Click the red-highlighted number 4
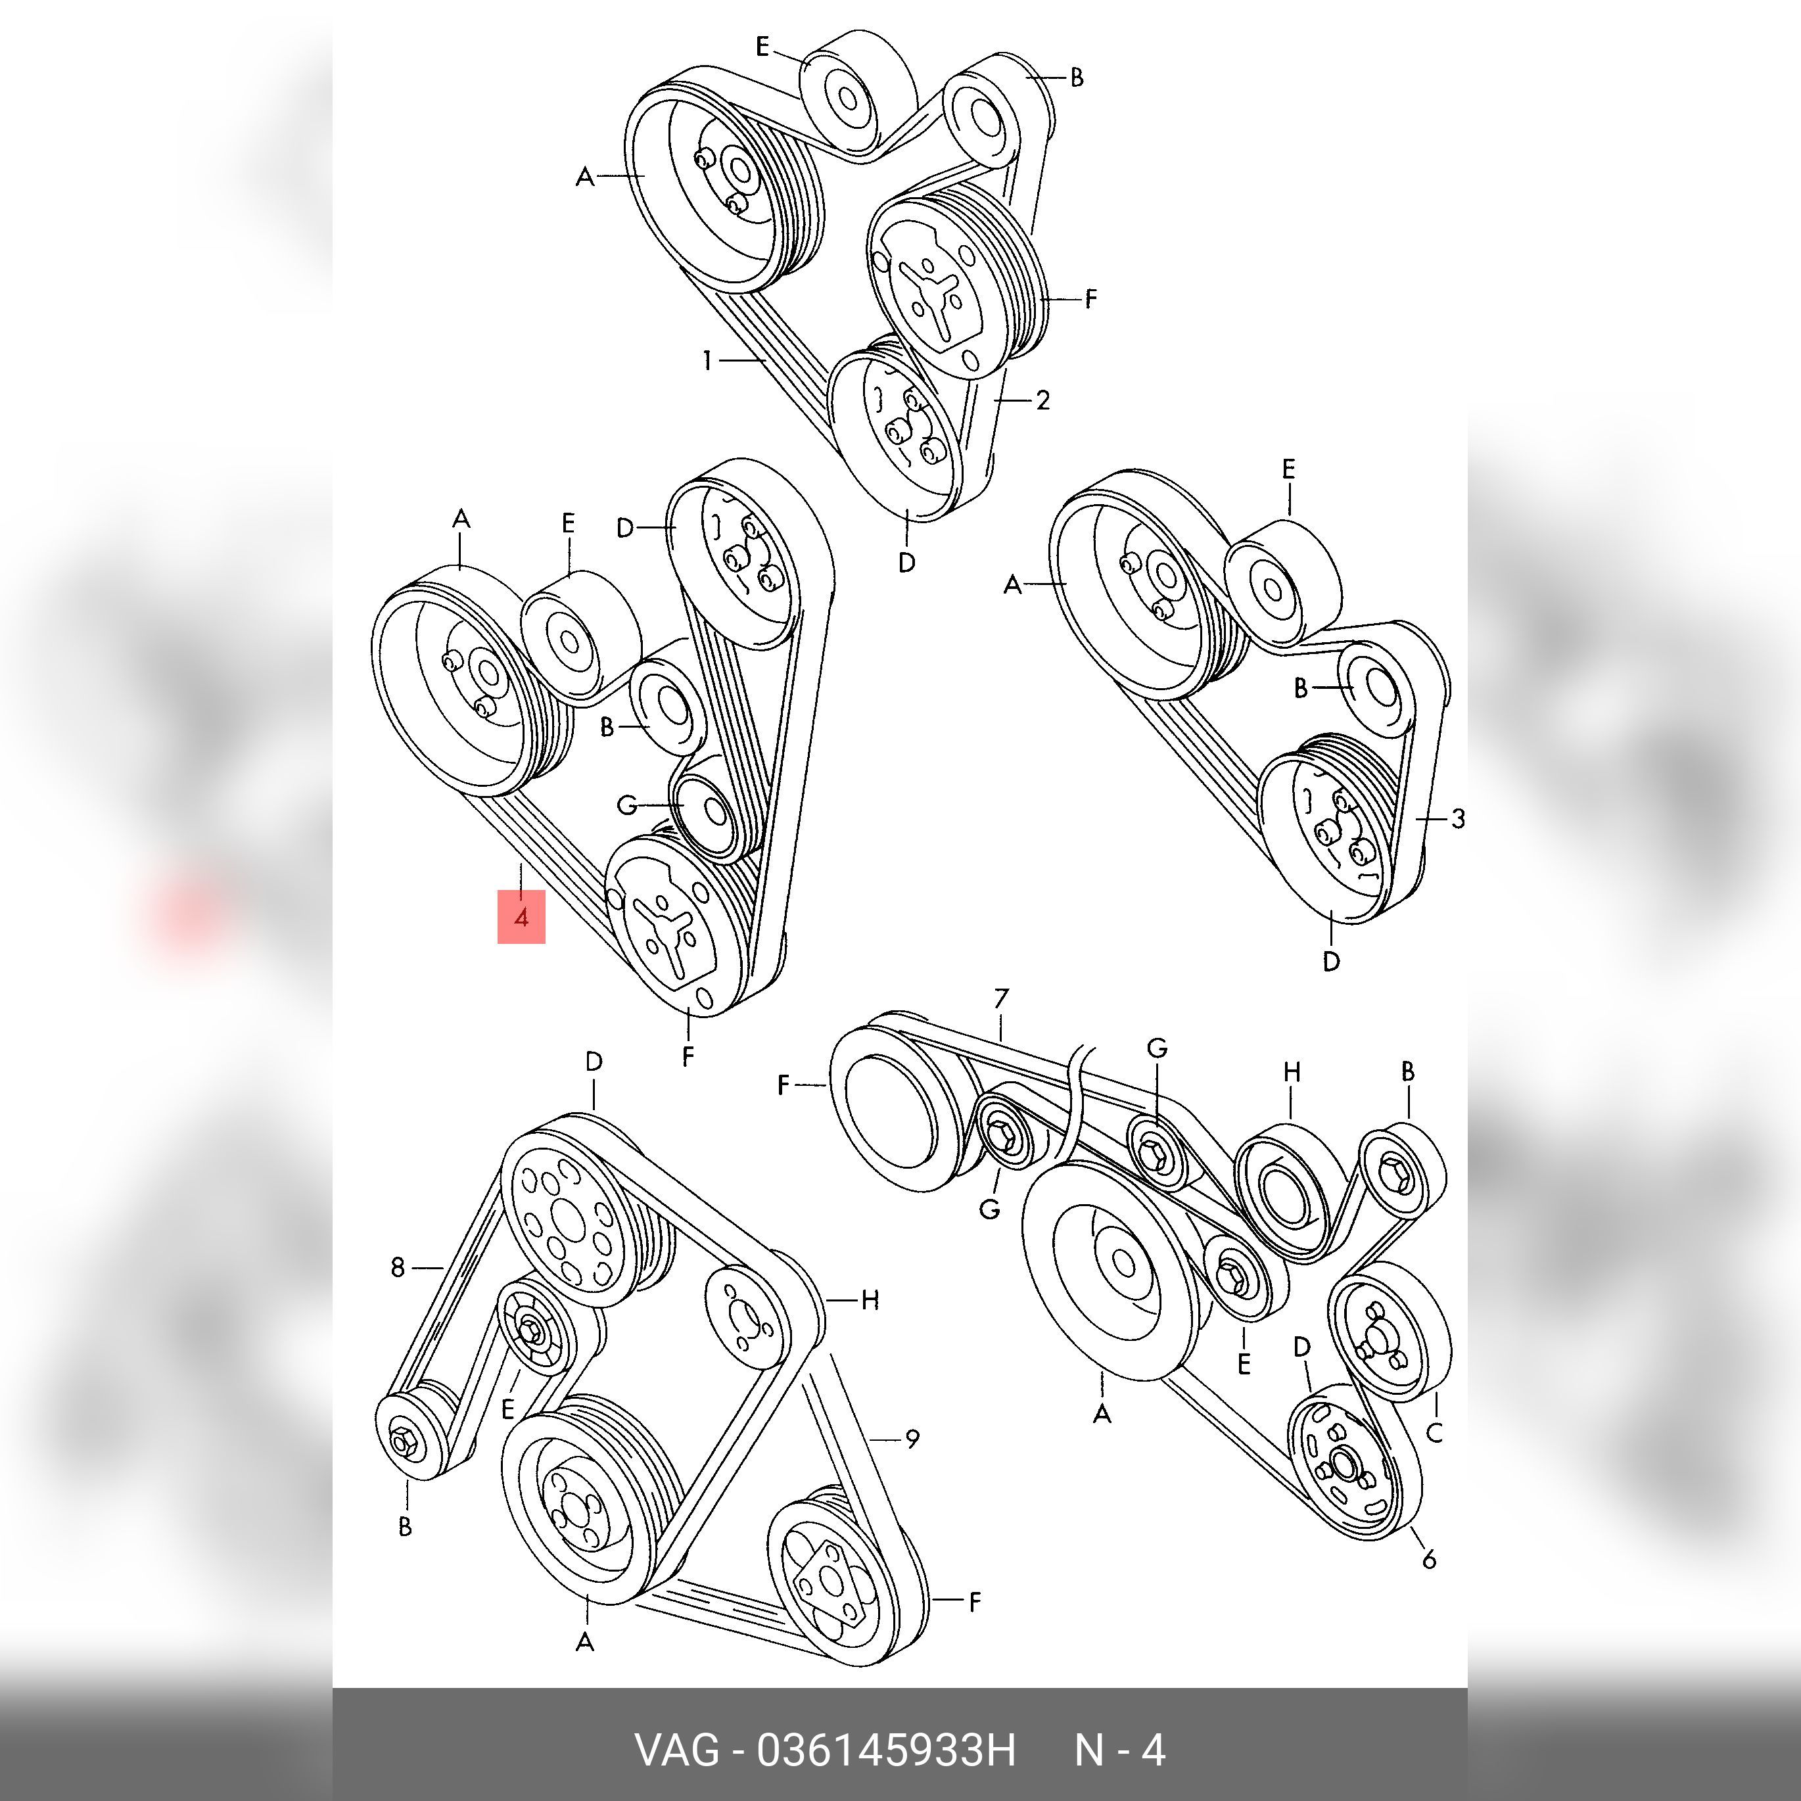[521, 918]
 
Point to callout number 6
[1429, 1558]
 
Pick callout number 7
[1001, 999]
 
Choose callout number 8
[398, 1268]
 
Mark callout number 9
[912, 1439]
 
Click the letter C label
[1435, 1433]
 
